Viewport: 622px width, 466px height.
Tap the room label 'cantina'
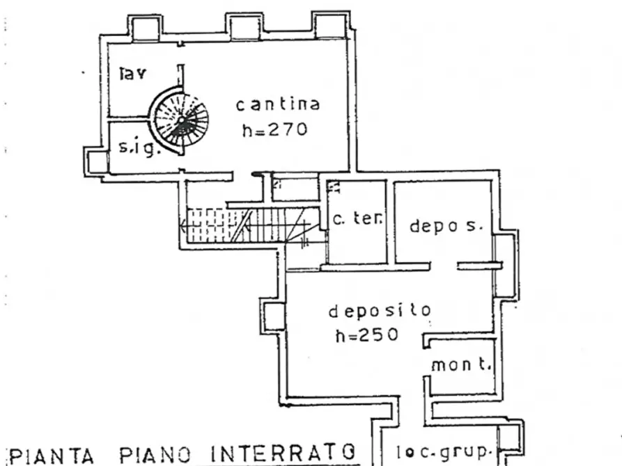(x=278, y=104)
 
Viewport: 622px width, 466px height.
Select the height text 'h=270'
(x=274, y=129)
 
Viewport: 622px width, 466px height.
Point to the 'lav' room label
(x=132, y=74)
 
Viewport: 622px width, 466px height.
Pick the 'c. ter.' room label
(x=357, y=219)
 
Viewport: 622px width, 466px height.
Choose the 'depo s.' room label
(x=445, y=226)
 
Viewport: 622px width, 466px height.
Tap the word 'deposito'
(x=380, y=311)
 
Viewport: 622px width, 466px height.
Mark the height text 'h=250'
(x=367, y=335)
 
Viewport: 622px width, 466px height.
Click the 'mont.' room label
(x=461, y=365)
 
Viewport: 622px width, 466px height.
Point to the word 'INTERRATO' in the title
(x=286, y=453)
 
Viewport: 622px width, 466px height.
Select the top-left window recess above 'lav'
(x=146, y=28)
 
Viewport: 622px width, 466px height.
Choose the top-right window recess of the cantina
(x=329, y=26)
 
